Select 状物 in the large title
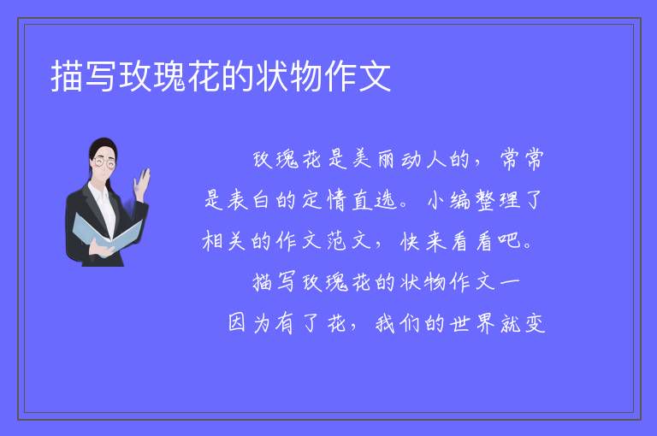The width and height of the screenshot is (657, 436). click(289, 76)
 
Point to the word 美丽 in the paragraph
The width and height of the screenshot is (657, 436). click(374, 159)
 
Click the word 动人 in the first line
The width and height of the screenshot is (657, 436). click(423, 159)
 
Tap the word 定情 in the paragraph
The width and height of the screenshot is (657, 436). click(324, 200)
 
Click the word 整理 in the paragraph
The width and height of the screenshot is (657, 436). click(497, 200)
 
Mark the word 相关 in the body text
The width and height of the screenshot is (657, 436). click(224, 241)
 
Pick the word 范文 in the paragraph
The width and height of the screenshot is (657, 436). click(349, 241)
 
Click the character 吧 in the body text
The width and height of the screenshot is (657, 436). click(509, 241)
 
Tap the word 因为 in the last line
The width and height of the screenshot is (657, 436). click(249, 323)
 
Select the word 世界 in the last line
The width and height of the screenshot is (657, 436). click(472, 323)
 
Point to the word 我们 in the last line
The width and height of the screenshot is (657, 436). click(398, 323)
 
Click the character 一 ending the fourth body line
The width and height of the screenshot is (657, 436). click(510, 282)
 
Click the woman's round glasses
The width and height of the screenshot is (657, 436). click(104, 163)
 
